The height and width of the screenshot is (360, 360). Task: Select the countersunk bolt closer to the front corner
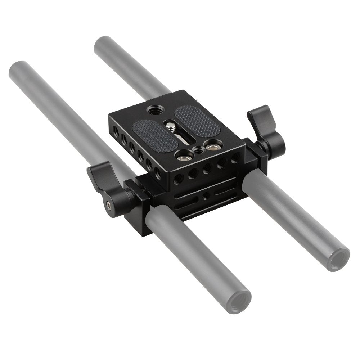[180, 156]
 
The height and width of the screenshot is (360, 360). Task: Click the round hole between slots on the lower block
[206, 194]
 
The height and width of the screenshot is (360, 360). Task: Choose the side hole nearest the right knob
[236, 157]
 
